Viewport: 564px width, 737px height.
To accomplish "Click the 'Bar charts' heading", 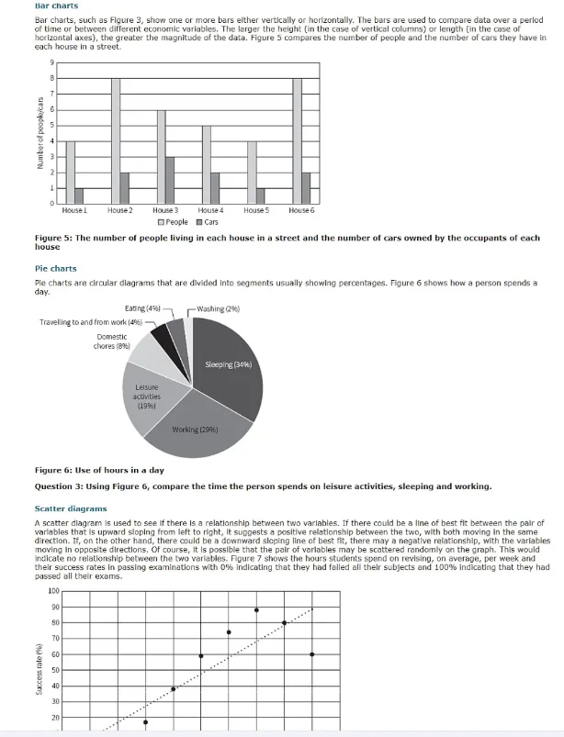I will (56, 6).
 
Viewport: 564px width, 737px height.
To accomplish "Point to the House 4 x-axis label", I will (211, 210).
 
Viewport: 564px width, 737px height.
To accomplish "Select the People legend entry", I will (173, 222).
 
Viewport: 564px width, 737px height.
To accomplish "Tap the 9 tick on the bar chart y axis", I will (52, 62).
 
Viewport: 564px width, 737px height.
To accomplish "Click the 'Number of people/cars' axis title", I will (40, 133).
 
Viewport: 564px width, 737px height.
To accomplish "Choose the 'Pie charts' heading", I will (55, 269).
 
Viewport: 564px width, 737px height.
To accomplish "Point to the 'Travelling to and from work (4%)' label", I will (90, 322).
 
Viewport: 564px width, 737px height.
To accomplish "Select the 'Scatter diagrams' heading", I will (71, 508).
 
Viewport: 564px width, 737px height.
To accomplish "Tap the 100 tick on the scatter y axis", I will (52, 590).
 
